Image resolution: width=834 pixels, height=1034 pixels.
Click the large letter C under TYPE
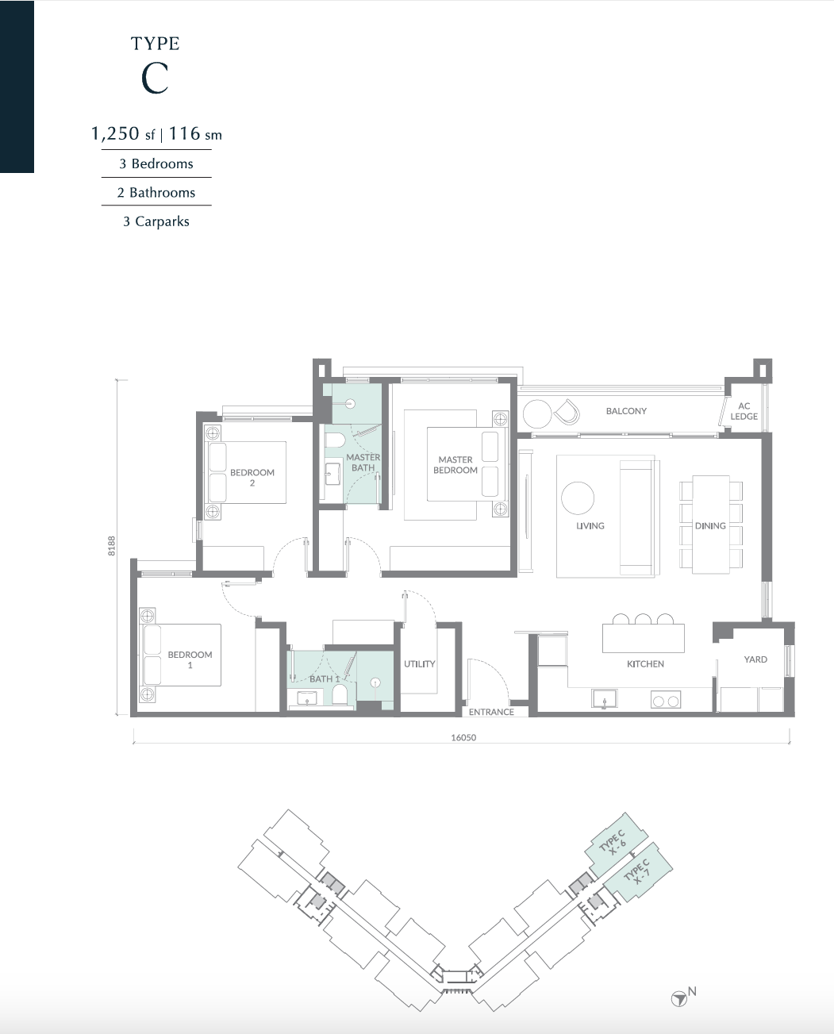point(155,79)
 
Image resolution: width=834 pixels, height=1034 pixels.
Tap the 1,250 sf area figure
point(123,133)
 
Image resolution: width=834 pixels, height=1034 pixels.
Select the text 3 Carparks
point(156,221)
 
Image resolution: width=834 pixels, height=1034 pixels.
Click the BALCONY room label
point(626,411)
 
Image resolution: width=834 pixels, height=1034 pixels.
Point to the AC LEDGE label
point(744,411)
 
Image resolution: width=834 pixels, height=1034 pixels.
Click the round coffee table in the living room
point(578,498)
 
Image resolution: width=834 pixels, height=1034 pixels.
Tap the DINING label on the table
point(710,525)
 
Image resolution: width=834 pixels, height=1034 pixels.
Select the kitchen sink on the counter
point(604,699)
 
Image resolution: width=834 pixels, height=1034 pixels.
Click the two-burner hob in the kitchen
point(665,700)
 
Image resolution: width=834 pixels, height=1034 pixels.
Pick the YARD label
point(755,659)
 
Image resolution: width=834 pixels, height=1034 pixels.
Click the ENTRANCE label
point(491,712)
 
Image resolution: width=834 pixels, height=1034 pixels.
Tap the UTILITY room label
point(420,663)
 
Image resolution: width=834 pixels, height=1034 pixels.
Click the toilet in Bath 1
point(340,695)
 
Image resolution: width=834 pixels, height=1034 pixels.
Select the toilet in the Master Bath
point(334,439)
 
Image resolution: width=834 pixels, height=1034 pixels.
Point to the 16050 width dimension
point(463,737)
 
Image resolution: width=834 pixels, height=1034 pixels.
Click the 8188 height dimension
point(111,546)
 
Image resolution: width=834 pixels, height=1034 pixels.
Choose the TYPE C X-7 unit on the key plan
point(638,871)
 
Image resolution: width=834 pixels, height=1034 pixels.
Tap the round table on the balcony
point(537,413)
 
